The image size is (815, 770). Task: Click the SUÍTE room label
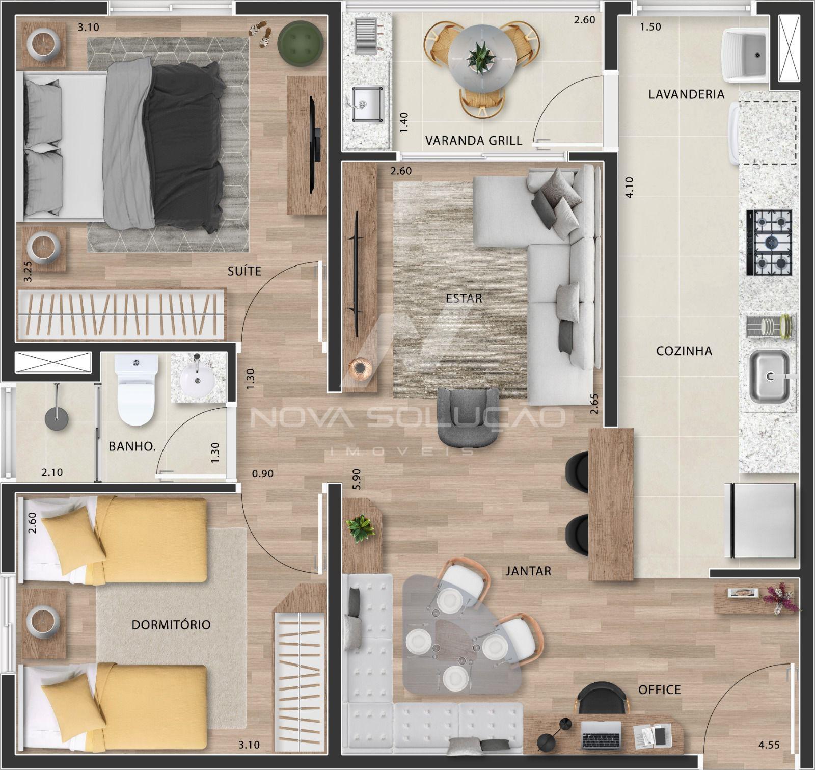coord(244,271)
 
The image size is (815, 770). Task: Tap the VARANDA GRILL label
coord(474,141)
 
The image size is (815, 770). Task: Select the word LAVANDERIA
coord(686,94)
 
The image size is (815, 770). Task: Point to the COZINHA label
coord(684,351)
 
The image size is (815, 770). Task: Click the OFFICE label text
coord(660,690)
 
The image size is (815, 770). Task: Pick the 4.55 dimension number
coord(769,746)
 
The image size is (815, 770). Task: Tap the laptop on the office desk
coord(602,735)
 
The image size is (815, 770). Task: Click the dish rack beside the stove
coord(769,327)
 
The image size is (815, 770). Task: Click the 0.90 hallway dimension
coord(263,474)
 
